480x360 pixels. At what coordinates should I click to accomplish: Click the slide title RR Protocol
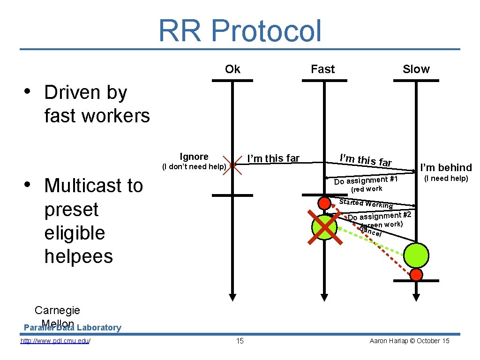tap(240, 31)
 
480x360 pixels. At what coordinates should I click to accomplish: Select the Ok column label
tap(232, 69)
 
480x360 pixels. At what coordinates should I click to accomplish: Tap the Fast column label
tap(322, 69)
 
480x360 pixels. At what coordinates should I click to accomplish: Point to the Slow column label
tap(416, 69)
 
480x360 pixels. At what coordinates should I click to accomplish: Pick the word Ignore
tap(194, 157)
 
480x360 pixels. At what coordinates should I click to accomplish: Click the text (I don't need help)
tap(194, 166)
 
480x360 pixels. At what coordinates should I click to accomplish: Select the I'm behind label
tap(446, 167)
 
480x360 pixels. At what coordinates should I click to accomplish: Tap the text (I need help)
tap(446, 178)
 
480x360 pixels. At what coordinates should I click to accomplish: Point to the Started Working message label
tap(366, 203)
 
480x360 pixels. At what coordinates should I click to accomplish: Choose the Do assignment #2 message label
tap(379, 216)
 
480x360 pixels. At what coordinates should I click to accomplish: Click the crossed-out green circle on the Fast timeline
tap(324, 227)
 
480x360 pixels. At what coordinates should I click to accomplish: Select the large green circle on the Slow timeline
tap(416, 255)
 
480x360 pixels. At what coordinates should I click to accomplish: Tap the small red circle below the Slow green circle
tap(416, 275)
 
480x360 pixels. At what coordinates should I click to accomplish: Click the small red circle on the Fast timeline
tap(324, 203)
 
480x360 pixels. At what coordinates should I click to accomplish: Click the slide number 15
tap(240, 341)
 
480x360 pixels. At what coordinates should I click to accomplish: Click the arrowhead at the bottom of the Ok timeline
tap(232, 297)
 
